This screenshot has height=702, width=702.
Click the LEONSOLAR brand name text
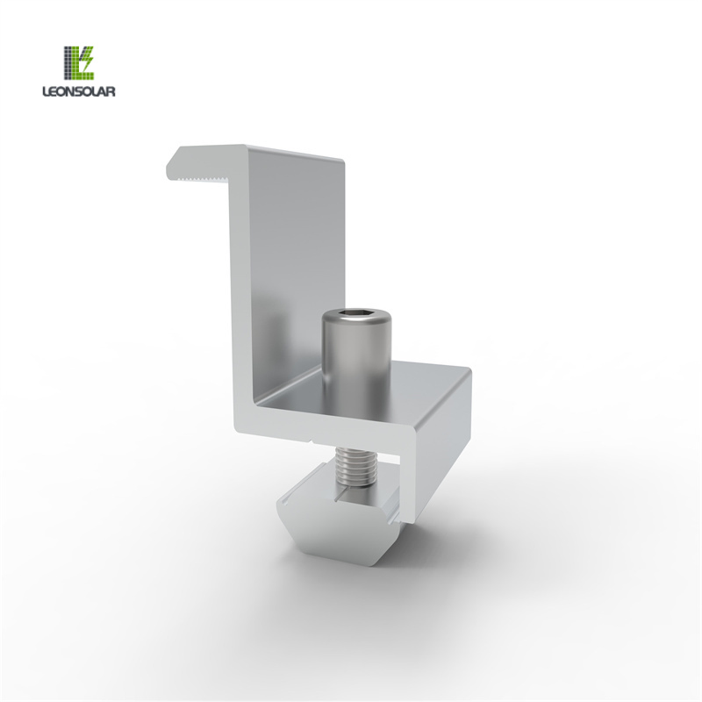[79, 91]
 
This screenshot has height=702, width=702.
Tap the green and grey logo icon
[79, 61]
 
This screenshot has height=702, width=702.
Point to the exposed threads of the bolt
[356, 467]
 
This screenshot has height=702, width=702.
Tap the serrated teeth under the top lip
[202, 179]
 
